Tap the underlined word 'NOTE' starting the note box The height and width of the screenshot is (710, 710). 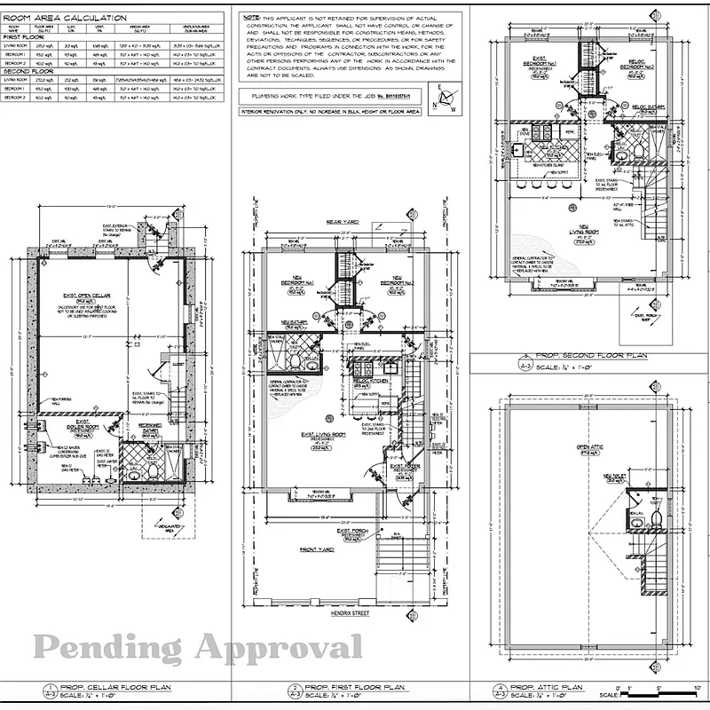251,17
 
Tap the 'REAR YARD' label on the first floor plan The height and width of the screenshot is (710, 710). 343,222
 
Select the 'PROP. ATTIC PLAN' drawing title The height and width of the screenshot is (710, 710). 552,688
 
